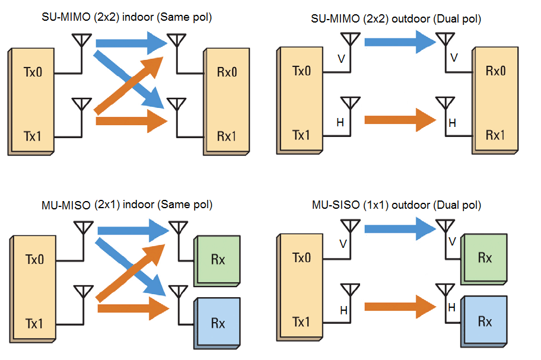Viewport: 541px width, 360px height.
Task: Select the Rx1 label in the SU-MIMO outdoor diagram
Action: [x=495, y=135]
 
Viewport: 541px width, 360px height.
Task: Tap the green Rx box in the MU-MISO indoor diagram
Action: [x=218, y=260]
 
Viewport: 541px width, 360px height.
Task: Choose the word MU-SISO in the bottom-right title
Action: [x=335, y=206]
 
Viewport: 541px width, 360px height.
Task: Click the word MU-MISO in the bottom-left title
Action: [x=66, y=206]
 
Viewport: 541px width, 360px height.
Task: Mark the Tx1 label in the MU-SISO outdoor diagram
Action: [x=301, y=322]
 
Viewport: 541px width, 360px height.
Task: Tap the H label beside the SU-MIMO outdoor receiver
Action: [x=452, y=123]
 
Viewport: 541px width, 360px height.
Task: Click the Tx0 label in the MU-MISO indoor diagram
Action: [x=34, y=259]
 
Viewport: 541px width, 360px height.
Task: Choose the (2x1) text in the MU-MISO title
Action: [x=108, y=206]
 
